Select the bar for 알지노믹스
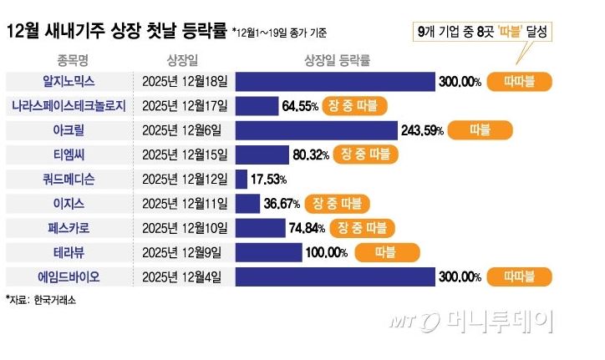tap(335, 82)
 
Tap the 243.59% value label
tap(422, 130)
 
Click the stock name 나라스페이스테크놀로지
tap(69, 106)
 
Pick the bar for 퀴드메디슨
tap(241, 179)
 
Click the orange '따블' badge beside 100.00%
tap(386, 252)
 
